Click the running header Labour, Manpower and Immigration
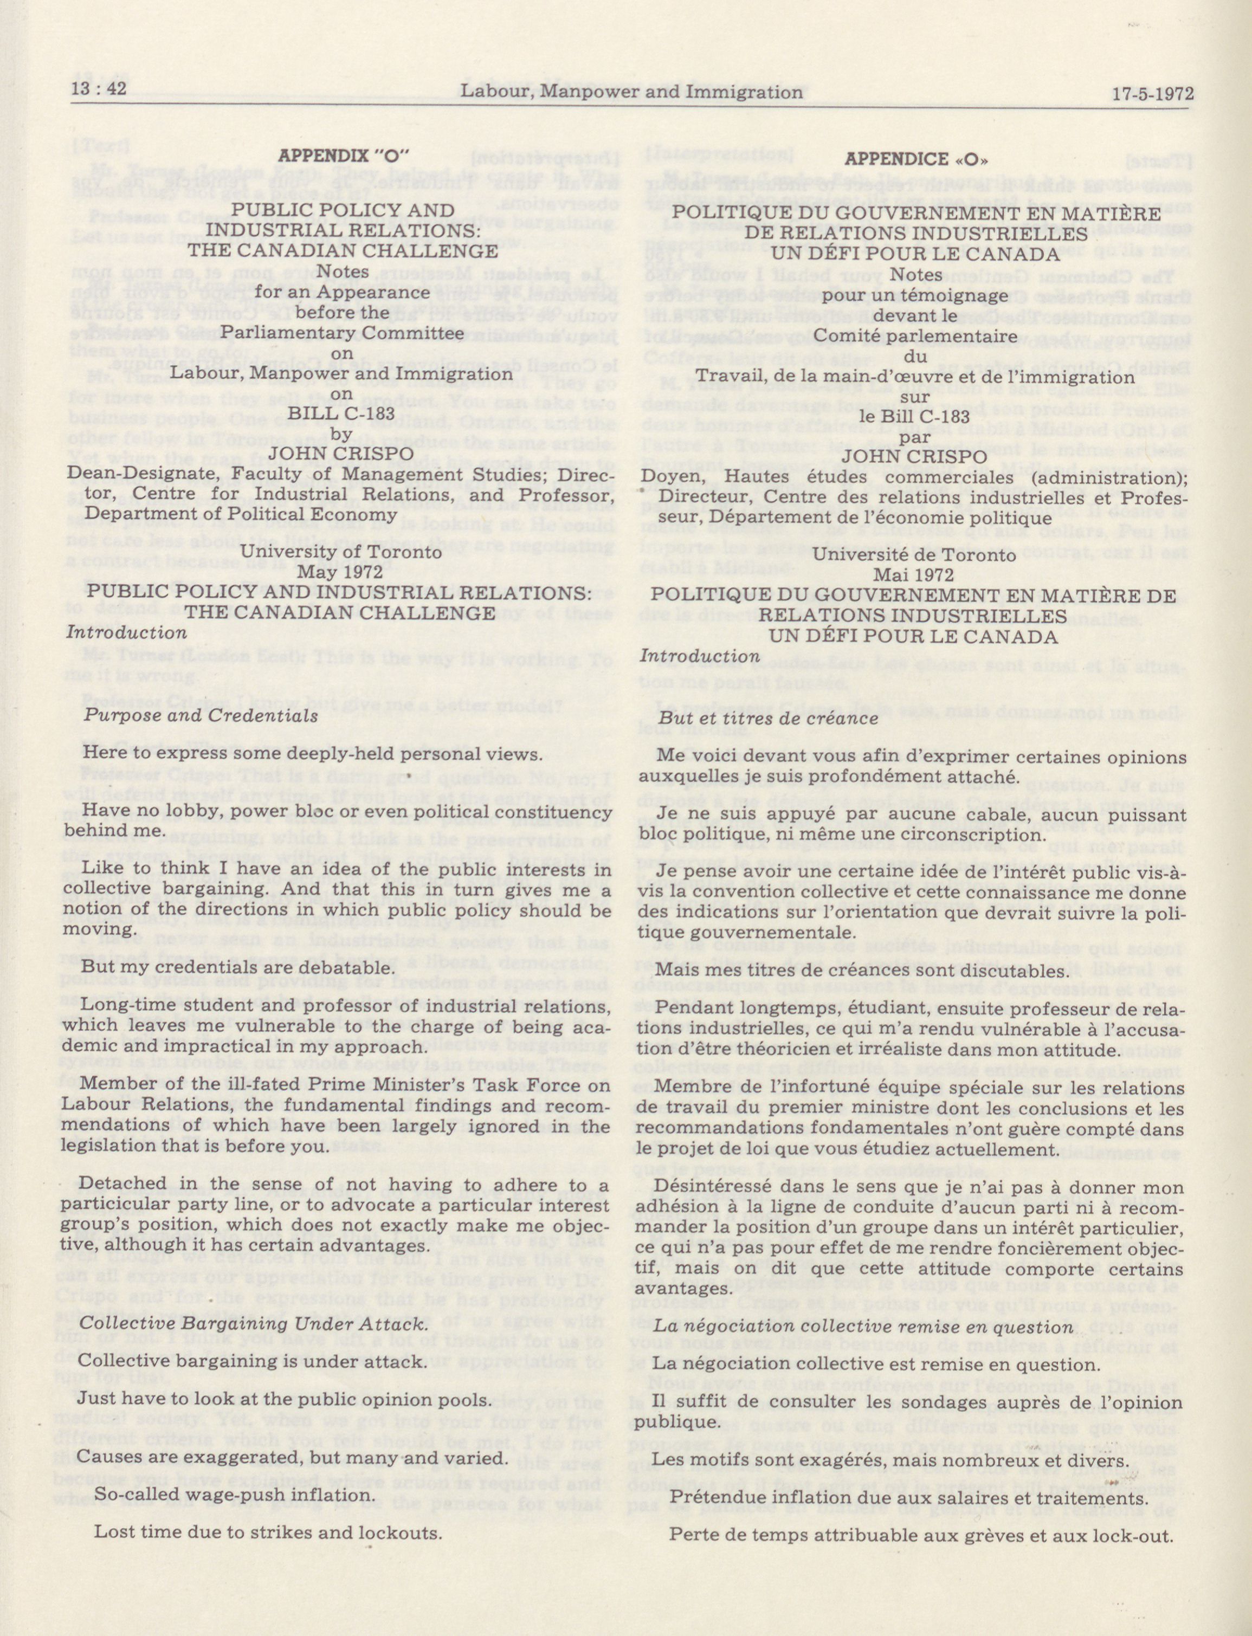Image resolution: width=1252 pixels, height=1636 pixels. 631,92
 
